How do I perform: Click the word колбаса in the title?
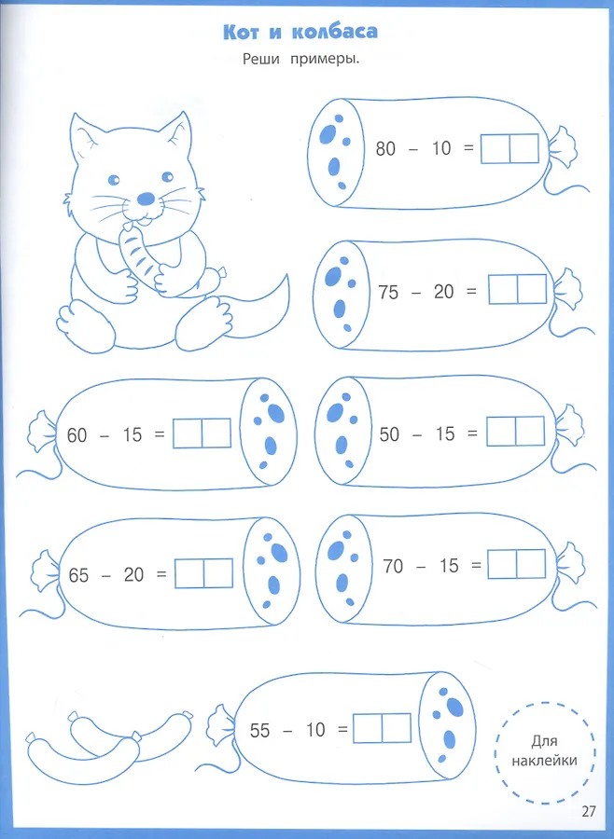(x=335, y=32)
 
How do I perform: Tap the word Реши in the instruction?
(x=261, y=59)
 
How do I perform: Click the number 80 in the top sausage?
(x=385, y=148)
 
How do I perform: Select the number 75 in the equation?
(x=388, y=292)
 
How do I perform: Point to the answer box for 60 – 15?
(x=202, y=433)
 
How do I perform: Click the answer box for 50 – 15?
(x=515, y=432)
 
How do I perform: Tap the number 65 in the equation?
(x=78, y=575)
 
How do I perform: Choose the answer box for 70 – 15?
(x=517, y=564)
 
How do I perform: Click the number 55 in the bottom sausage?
(x=259, y=730)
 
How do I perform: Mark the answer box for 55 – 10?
(x=382, y=728)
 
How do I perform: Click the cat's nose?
(x=146, y=199)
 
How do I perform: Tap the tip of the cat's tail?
(x=286, y=276)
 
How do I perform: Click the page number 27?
(x=588, y=811)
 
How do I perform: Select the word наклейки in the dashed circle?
(x=544, y=761)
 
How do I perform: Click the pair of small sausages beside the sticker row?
(x=110, y=745)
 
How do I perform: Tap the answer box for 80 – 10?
(x=509, y=149)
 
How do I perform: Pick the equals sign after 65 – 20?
(x=161, y=574)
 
